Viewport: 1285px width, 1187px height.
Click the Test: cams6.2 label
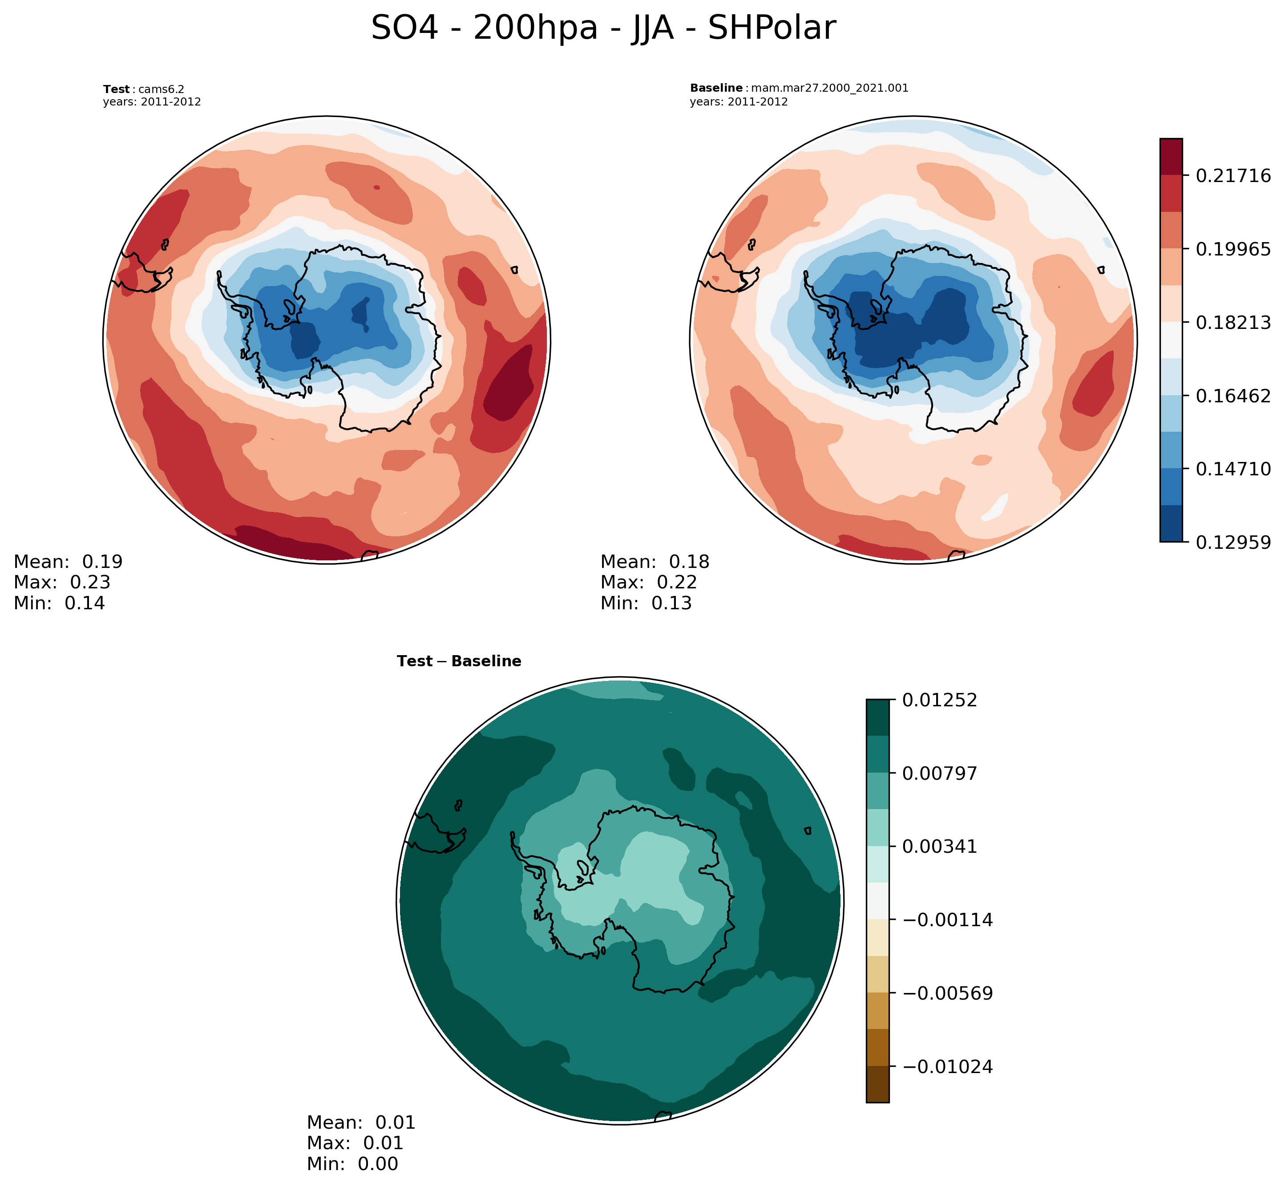coord(144,89)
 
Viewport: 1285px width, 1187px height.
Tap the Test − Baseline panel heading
coord(459,661)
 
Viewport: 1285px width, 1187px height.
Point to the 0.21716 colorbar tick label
coord(1233,175)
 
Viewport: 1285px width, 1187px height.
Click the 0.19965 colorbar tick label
coord(1233,249)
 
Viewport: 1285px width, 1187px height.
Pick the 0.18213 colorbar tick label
coord(1233,322)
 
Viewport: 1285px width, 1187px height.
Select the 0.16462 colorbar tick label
coord(1233,395)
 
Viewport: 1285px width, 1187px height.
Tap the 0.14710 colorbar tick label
coord(1233,468)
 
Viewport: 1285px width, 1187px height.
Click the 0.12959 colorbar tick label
coord(1233,542)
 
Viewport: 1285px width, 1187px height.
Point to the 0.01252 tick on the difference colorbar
coord(940,700)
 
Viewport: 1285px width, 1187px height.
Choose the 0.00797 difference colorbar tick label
coord(940,773)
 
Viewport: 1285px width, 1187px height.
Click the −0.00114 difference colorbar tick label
coord(947,920)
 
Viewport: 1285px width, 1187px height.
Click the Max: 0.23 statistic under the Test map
coord(62,582)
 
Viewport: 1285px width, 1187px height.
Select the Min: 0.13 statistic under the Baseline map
coord(646,603)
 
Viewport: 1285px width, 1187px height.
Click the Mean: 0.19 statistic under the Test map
coord(68,561)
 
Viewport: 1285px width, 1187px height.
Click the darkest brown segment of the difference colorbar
coord(877,1084)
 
